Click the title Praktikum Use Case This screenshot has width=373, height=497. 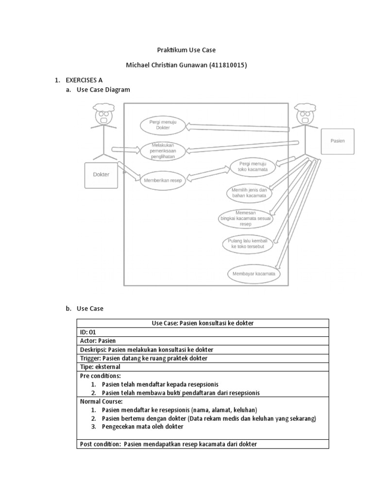pos(186,50)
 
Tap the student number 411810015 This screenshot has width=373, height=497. pos(228,66)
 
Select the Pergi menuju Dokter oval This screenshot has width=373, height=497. pos(163,125)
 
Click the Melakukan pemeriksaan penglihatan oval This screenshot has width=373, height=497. pos(163,150)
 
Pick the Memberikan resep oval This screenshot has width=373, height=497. pos(162,181)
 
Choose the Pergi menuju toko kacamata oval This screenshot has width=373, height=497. pos(250,166)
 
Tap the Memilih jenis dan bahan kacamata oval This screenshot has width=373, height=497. pos(249,193)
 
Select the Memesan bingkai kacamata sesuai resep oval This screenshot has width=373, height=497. pos(246,219)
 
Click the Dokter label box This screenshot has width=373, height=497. pos(101,175)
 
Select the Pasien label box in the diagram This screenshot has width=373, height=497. pos(338,141)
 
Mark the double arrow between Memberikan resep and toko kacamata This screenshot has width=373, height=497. pos(208,174)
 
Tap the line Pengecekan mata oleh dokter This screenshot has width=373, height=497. pos(143,427)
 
